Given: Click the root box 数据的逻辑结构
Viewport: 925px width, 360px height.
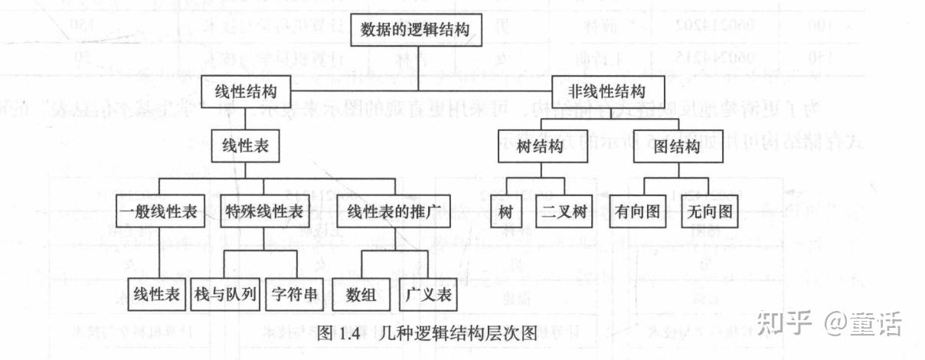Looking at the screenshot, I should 420,31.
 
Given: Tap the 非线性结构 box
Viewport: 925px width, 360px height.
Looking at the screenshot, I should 606,90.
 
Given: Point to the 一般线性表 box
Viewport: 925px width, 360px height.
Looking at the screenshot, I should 160,211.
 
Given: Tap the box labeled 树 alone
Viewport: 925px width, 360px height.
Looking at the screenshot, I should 505,212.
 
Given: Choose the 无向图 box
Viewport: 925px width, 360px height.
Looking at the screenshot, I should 709,212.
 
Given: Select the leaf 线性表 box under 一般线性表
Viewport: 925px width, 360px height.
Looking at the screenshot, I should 156,293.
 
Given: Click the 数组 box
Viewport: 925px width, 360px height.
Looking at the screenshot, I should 361,293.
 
